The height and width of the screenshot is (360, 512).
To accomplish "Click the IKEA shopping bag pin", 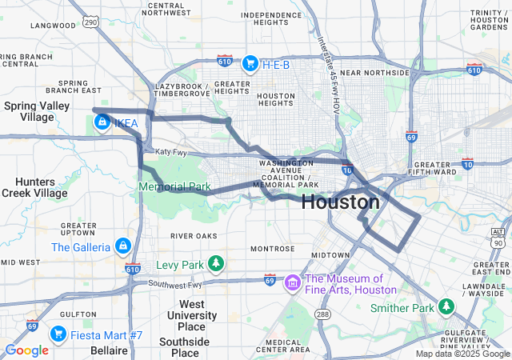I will [102, 122].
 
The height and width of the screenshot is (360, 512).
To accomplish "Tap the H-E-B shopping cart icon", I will [250, 62].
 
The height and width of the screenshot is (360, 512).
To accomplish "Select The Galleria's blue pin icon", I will [122, 246].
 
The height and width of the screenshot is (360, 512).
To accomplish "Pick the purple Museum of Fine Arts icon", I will [293, 282].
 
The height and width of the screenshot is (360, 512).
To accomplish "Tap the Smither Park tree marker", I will [446, 306].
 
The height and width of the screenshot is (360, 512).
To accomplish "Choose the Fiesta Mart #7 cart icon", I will [58, 333].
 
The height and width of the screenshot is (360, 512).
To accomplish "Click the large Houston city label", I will [341, 202].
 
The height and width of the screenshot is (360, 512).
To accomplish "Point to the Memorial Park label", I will [174, 186].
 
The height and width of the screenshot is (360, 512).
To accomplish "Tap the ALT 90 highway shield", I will [498, 238].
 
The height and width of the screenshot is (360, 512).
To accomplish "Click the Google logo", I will [26, 350].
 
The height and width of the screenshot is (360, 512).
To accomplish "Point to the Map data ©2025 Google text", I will [462, 354].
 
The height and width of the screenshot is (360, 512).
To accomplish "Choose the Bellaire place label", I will [109, 350].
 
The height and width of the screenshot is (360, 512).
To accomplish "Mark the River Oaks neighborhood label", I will [194, 236].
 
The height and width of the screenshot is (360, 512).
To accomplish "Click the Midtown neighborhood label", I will [330, 254].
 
